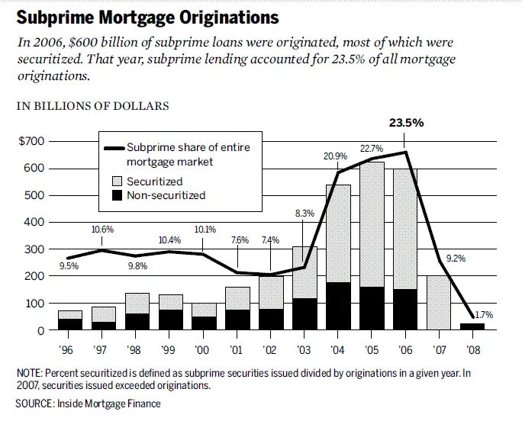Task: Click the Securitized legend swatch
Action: coord(118,182)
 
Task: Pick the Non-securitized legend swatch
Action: coord(118,195)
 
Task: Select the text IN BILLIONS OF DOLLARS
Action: coord(93,106)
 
